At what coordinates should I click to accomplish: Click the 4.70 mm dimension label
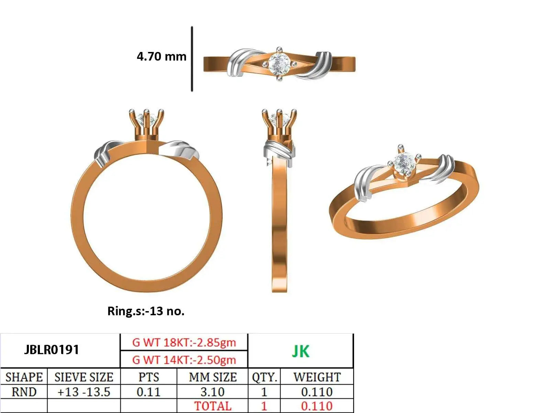pyautogui.click(x=162, y=56)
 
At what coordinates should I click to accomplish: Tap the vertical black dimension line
pyautogui.click(x=192, y=59)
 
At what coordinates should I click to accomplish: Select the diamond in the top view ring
pyautogui.click(x=279, y=64)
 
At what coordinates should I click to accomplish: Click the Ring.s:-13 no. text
pyautogui.click(x=146, y=311)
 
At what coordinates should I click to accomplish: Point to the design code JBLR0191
pyautogui.click(x=52, y=350)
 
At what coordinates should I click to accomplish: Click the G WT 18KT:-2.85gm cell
pyautogui.click(x=184, y=342)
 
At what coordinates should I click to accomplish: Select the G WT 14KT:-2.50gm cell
pyautogui.click(x=184, y=360)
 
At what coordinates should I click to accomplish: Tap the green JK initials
pyautogui.click(x=300, y=351)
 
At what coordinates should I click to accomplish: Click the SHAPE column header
pyautogui.click(x=24, y=377)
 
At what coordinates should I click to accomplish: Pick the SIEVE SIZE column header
pyautogui.click(x=84, y=377)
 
